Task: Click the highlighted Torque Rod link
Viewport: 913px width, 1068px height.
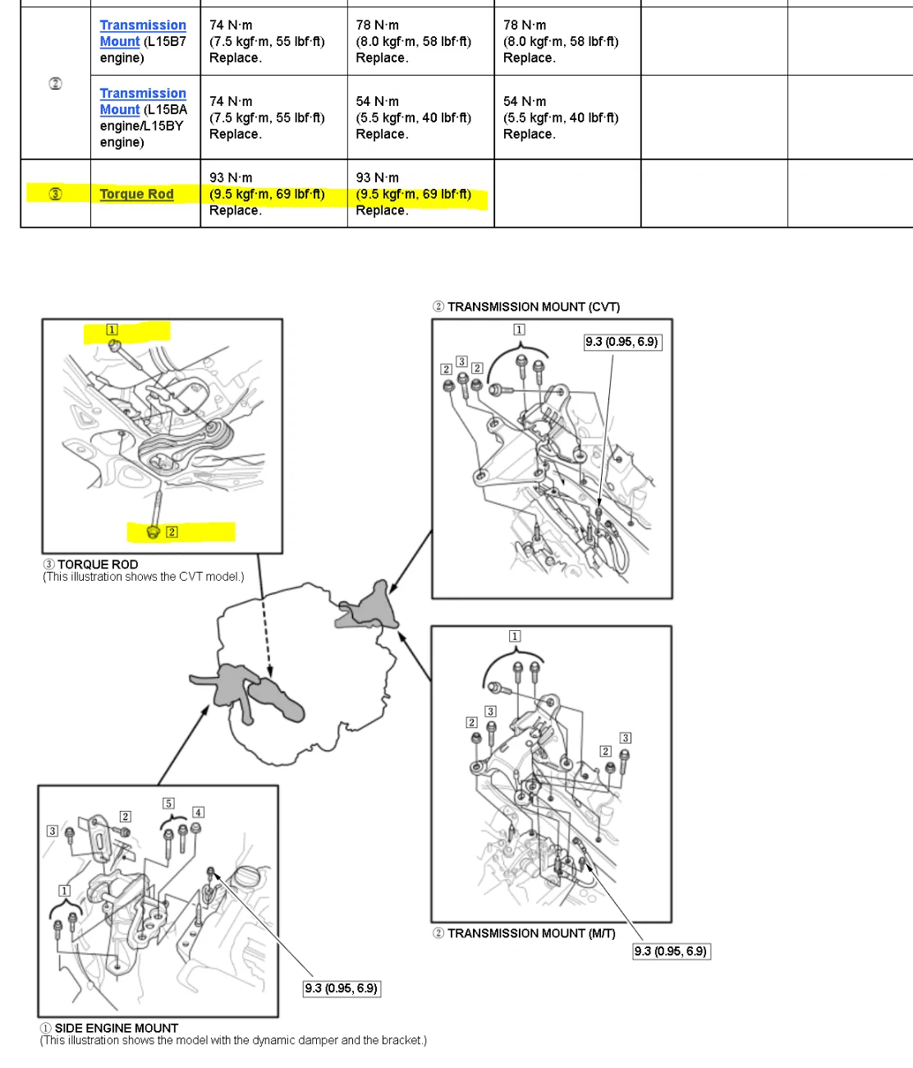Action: click(136, 194)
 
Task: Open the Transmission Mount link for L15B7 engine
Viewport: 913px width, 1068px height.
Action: click(143, 33)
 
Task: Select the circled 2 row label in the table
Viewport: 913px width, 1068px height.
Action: click(55, 84)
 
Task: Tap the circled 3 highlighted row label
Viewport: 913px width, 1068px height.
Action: click(55, 194)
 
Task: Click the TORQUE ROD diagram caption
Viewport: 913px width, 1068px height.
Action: click(98, 564)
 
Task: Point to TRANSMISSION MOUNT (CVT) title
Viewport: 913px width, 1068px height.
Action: click(526, 306)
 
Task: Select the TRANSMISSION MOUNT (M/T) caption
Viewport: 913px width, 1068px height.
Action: click(524, 933)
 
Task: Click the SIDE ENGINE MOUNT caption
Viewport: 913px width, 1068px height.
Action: click(109, 1028)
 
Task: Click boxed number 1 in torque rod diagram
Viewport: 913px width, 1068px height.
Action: click(112, 329)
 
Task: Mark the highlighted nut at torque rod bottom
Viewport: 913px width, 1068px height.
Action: click(153, 532)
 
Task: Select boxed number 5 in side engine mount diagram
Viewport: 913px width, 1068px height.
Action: click(168, 803)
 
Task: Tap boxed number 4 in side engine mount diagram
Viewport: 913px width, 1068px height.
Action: click(198, 813)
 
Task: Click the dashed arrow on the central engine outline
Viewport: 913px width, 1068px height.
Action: click(265, 638)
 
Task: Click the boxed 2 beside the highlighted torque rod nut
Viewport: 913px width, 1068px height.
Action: click(172, 532)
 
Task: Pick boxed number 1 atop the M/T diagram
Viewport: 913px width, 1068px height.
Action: click(514, 636)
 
